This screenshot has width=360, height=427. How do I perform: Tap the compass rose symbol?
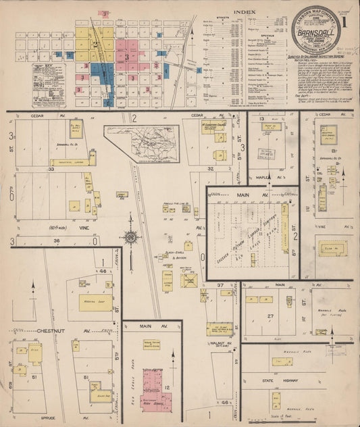(130, 237)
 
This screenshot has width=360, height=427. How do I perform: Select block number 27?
(269, 316)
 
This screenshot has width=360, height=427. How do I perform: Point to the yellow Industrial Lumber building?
(72, 161)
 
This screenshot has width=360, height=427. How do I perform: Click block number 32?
(211, 168)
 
